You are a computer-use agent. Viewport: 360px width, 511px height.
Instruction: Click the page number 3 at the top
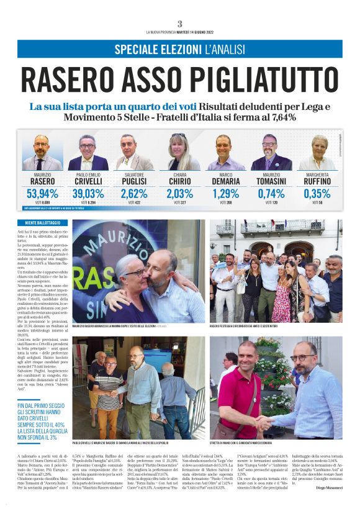179,24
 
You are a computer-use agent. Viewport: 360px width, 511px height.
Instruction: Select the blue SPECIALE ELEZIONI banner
179,49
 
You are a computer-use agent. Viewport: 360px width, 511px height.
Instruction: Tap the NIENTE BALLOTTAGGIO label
52,222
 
